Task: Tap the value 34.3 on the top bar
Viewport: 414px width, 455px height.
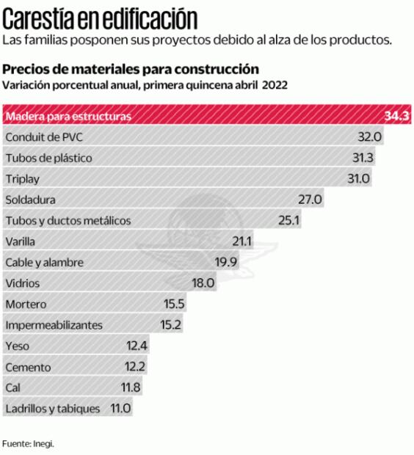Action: (397, 116)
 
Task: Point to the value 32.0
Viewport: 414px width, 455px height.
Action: (370, 136)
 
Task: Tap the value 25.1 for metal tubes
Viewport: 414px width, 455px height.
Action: (288, 220)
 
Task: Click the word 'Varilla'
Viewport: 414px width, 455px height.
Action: (20, 241)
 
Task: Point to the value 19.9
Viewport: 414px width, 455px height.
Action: (226, 262)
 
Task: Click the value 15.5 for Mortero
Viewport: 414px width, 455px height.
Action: (174, 303)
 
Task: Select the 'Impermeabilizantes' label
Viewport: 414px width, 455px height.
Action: (54, 324)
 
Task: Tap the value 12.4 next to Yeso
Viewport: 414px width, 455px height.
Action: (137, 345)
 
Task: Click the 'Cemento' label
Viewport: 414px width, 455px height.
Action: (26, 366)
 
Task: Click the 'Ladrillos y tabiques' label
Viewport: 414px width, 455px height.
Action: (52, 408)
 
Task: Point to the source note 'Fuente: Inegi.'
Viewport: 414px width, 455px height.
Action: (28, 443)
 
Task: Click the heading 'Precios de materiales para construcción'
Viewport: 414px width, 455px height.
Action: (131, 70)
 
